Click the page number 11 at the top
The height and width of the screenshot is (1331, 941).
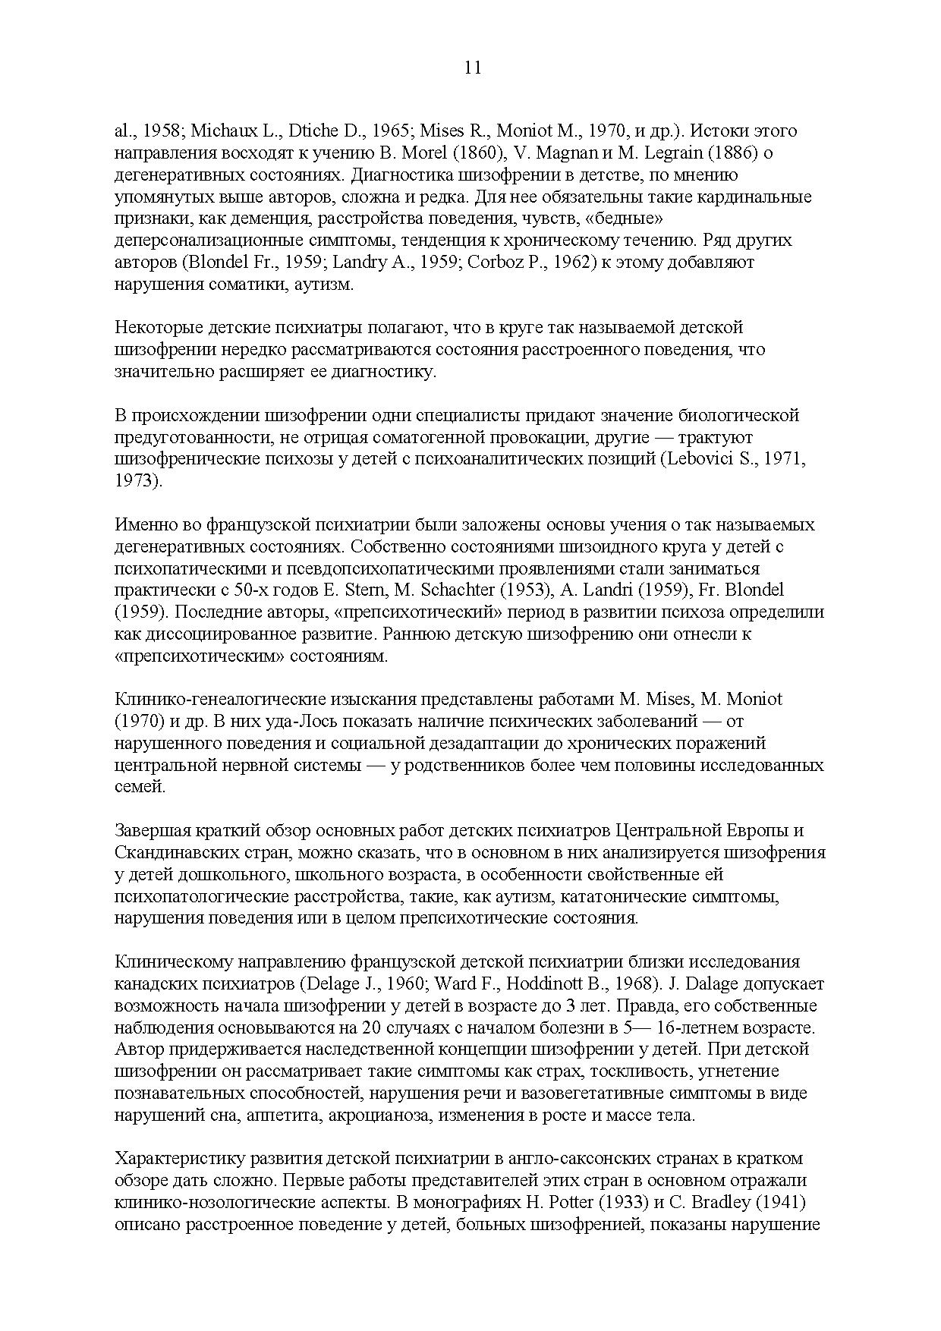tap(472, 68)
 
